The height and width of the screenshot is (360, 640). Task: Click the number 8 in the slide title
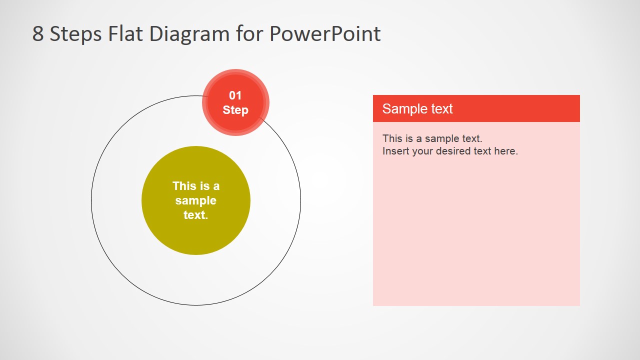pyautogui.click(x=38, y=34)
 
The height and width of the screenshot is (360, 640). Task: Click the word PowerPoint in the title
pyautogui.click(x=325, y=34)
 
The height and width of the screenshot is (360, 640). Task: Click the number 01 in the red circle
pyautogui.click(x=235, y=95)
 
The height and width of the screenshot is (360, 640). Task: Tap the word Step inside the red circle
pyautogui.click(x=235, y=110)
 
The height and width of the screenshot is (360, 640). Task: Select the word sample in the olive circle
pyautogui.click(x=195, y=200)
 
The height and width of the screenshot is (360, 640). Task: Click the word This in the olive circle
pyautogui.click(x=184, y=186)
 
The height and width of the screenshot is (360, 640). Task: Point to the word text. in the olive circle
pyautogui.click(x=195, y=215)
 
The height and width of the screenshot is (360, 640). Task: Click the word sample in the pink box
pyautogui.click(x=441, y=138)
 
